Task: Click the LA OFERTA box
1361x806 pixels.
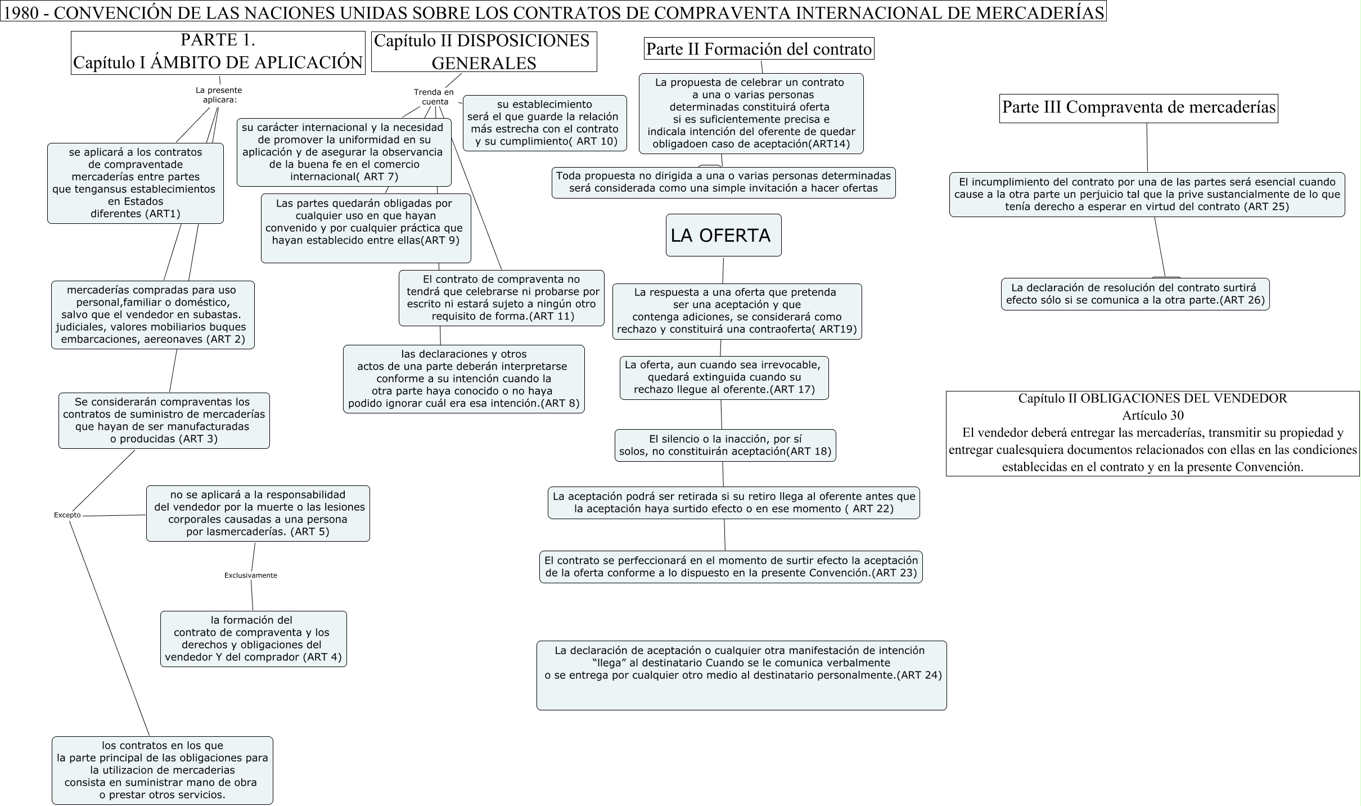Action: tap(723, 235)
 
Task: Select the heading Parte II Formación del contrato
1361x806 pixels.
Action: tap(759, 49)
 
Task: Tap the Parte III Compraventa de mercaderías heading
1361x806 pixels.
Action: tap(1139, 108)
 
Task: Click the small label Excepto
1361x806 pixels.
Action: tap(67, 515)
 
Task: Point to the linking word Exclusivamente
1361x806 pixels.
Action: tap(250, 575)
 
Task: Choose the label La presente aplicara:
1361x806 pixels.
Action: tap(219, 94)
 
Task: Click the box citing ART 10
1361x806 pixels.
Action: tap(544, 123)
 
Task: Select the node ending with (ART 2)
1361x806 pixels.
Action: tap(152, 315)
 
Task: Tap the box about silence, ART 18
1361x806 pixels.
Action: tap(725, 445)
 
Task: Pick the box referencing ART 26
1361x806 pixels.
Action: tap(1135, 294)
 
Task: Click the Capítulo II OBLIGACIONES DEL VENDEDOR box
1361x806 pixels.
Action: tap(1152, 433)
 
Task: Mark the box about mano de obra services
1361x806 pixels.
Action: tap(162, 770)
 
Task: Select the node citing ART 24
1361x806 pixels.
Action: tap(741, 675)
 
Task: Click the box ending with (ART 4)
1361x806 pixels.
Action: tap(253, 638)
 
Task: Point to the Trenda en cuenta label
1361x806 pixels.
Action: tap(434, 97)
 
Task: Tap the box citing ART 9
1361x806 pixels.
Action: tap(366, 228)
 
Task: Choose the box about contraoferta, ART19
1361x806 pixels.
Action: tap(737, 311)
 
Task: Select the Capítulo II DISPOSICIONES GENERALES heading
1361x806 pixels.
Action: tap(484, 52)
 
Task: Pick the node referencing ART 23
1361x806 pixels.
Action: tap(731, 566)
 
